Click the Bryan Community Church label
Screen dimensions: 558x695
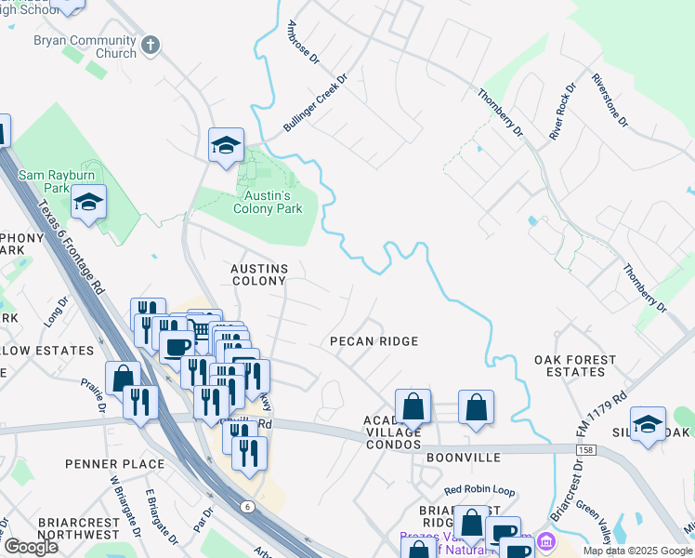(x=85, y=46)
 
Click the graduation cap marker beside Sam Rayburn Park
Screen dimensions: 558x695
(x=88, y=202)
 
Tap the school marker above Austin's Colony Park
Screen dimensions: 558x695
(x=226, y=145)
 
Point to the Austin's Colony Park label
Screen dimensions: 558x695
(x=260, y=203)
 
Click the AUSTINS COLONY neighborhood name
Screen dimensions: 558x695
(x=259, y=274)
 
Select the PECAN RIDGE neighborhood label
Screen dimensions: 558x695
(x=374, y=341)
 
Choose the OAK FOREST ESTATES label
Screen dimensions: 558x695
(x=575, y=365)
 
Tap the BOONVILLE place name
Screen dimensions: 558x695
(x=464, y=458)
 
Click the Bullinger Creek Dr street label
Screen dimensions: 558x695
(x=314, y=103)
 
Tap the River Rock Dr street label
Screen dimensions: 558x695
(x=562, y=111)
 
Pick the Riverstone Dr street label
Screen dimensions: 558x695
(x=610, y=100)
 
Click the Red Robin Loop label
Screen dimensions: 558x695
(x=479, y=490)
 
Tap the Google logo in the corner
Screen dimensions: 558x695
(x=31, y=547)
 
